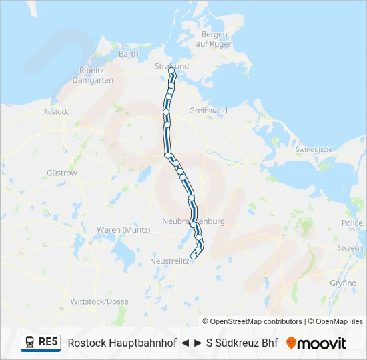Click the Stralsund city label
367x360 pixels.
click(x=171, y=66)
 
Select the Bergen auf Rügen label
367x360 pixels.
click(x=214, y=39)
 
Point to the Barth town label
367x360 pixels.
click(x=128, y=54)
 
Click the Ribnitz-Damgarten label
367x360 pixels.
click(x=95, y=75)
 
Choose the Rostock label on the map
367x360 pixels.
click(x=56, y=112)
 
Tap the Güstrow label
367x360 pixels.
click(x=62, y=173)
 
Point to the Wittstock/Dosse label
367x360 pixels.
click(x=99, y=301)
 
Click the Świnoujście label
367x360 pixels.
click(x=314, y=149)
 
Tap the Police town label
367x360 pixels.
click(x=352, y=223)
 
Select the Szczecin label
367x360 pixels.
click(x=350, y=247)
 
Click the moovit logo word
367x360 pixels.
click(x=322, y=343)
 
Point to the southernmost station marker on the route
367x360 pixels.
click(x=194, y=256)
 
